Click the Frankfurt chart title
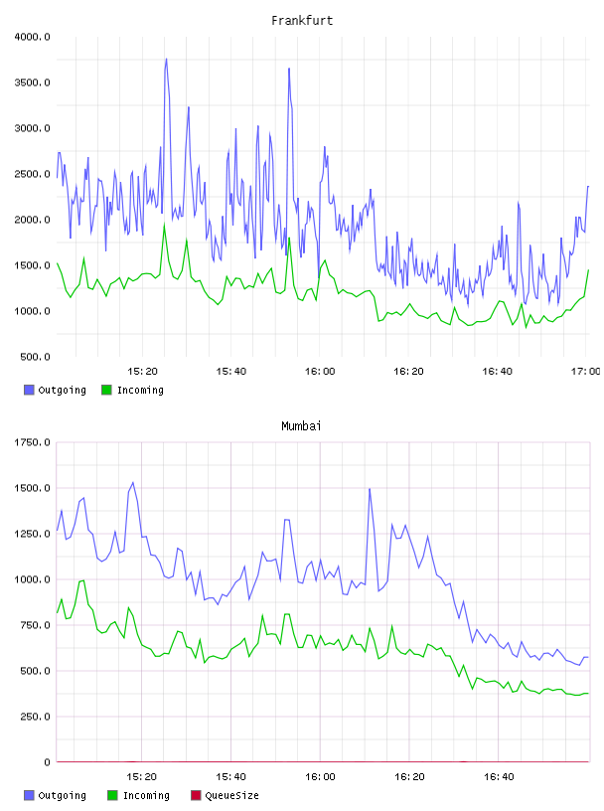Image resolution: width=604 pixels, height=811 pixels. pos(302,20)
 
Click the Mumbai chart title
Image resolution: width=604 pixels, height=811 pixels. pos(301,425)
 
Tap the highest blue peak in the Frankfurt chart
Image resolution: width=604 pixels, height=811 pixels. pos(166,59)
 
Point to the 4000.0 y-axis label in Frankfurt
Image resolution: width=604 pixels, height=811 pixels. pos(32,37)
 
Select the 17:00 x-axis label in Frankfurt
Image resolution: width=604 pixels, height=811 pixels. pos(585,371)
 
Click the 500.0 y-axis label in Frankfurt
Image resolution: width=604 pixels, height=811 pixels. pos(35,357)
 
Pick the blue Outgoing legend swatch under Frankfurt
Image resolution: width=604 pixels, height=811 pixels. pos(29,390)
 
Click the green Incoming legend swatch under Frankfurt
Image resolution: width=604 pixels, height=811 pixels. pos(106,390)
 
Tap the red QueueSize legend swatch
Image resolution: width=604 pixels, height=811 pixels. pos(196,795)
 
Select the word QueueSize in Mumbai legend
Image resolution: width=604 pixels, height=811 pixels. pos(231,795)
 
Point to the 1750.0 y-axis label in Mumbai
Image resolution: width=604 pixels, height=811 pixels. pos(32,442)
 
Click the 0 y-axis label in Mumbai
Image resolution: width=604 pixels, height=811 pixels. pos(47,762)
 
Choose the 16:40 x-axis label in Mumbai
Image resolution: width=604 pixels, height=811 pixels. pos(499,776)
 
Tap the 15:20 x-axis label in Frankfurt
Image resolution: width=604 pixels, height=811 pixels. pos(142,371)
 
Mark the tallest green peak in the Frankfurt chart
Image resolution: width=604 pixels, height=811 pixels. pos(165,225)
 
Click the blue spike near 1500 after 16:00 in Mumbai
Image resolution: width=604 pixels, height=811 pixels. pos(370,489)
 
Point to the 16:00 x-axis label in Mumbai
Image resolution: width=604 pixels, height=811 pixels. pos(320,776)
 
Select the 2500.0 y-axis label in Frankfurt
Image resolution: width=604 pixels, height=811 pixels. pos(32,174)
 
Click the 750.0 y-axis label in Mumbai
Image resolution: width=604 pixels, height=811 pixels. pos(35,625)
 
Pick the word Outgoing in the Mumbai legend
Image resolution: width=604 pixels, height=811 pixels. pos(62,795)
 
